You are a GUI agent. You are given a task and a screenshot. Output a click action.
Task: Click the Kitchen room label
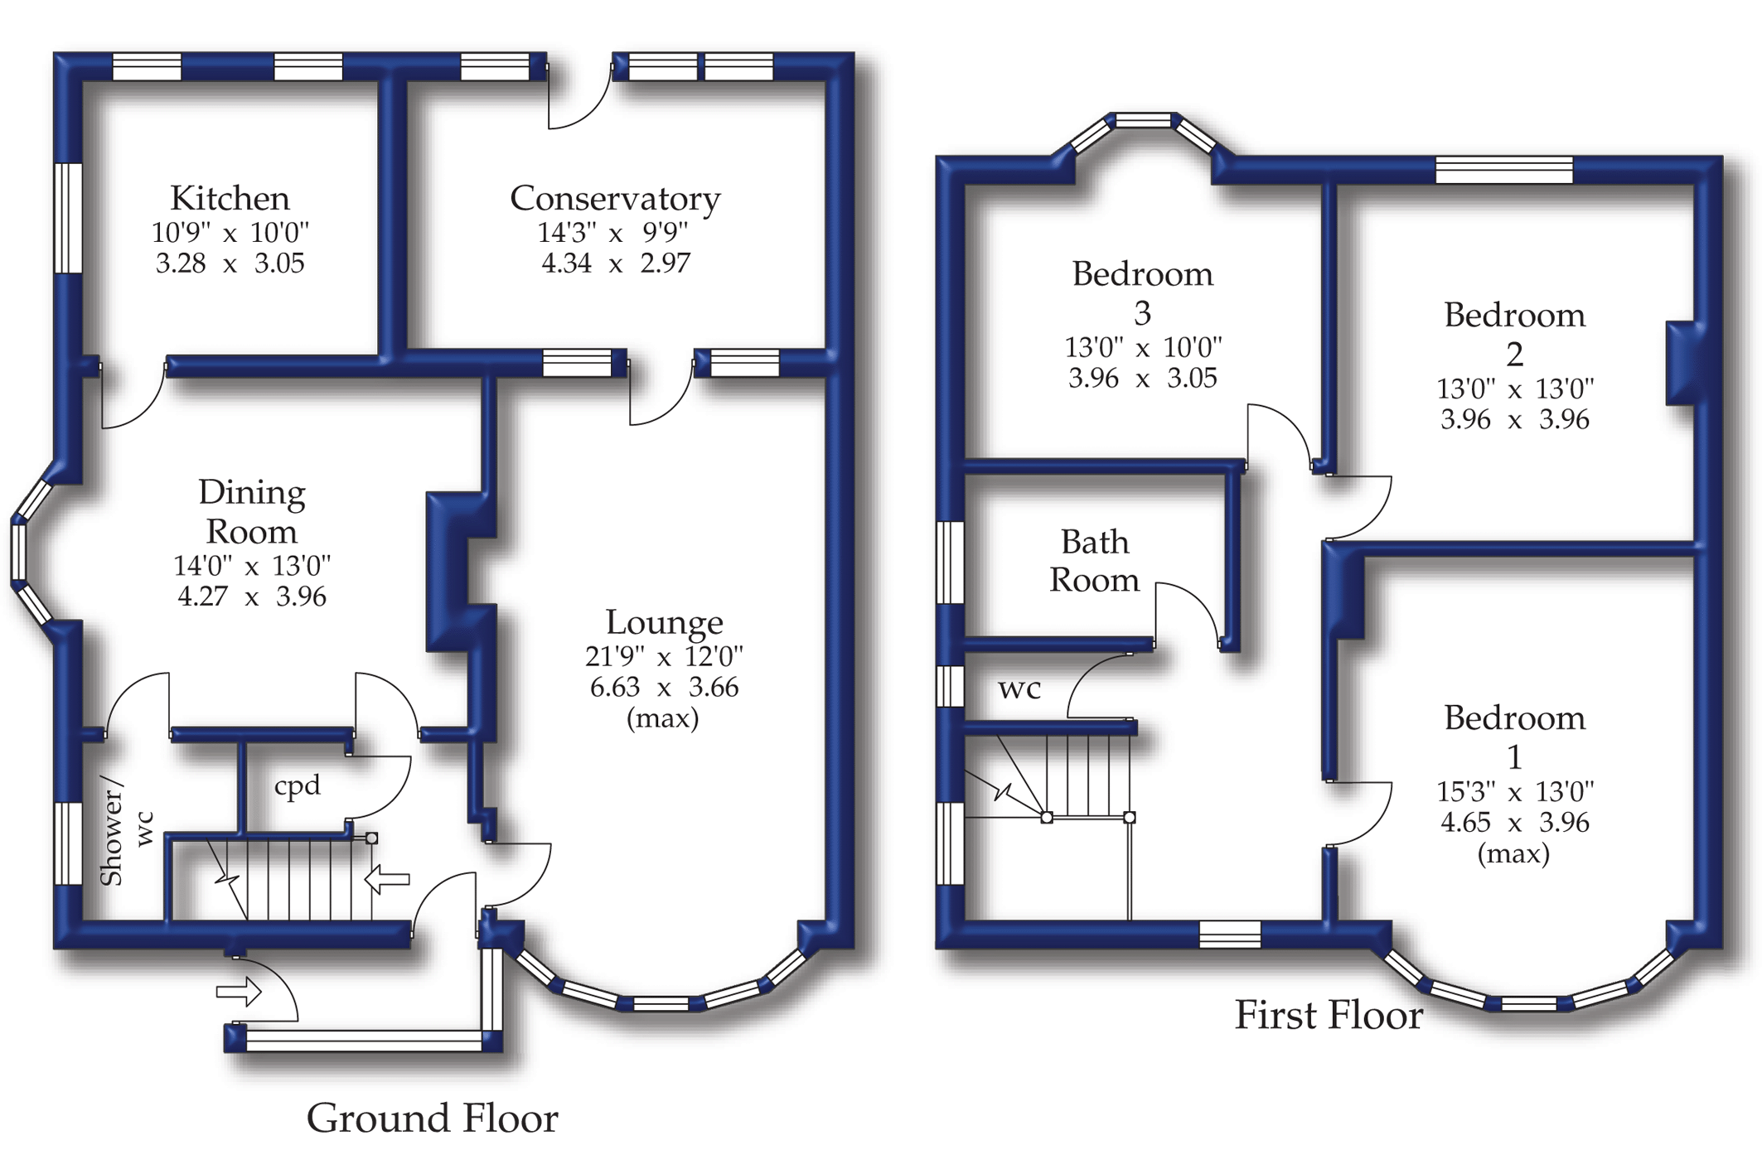pos(230,199)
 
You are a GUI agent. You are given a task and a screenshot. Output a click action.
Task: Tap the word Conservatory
pos(614,199)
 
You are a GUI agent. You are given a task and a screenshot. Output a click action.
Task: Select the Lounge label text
pos(664,622)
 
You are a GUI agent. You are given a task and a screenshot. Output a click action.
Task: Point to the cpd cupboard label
pos(297,785)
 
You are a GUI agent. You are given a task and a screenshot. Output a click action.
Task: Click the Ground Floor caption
pos(432,1118)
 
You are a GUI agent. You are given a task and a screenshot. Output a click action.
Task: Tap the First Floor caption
pos(1329,1016)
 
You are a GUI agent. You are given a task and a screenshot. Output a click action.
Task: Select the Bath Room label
pos(1094,561)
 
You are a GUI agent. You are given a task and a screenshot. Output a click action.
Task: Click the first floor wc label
pos(1019,688)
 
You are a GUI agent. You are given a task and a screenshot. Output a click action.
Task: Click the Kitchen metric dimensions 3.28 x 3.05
pos(230,263)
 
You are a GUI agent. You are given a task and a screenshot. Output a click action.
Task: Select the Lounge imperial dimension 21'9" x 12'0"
pos(664,657)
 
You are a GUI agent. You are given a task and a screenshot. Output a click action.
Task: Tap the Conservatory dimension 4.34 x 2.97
pos(615,263)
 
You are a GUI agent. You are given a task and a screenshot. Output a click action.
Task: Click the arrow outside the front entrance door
pos(239,991)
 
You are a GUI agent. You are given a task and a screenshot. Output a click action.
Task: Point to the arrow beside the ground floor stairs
pos(387,879)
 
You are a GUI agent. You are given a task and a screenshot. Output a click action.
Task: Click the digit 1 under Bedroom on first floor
pos(1514,757)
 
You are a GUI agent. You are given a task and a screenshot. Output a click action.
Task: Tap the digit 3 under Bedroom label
pos(1142,313)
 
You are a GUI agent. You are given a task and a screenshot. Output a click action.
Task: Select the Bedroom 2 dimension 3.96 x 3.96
pos(1514,420)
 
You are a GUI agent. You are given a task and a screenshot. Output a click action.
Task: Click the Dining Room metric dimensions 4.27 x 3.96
pos(252,597)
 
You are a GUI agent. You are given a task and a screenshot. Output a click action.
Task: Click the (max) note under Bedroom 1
pos(1513,853)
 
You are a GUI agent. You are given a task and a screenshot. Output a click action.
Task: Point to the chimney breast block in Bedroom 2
pos(1682,363)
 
